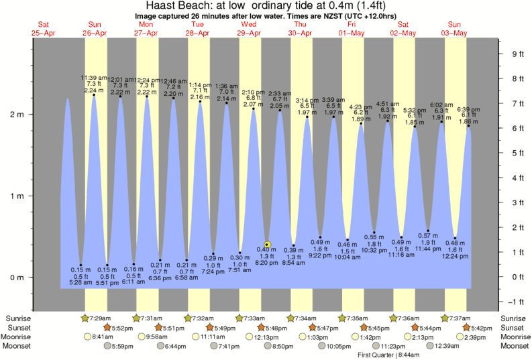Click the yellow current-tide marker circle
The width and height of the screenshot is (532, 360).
point(268,245)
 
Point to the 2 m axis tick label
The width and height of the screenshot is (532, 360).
point(15,115)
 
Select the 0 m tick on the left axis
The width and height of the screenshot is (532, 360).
point(15,278)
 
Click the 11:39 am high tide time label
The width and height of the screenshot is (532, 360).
point(93,78)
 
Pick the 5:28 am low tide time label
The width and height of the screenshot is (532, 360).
point(81,283)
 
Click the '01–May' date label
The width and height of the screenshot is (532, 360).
point(352,33)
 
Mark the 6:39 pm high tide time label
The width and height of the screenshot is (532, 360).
point(468,109)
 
